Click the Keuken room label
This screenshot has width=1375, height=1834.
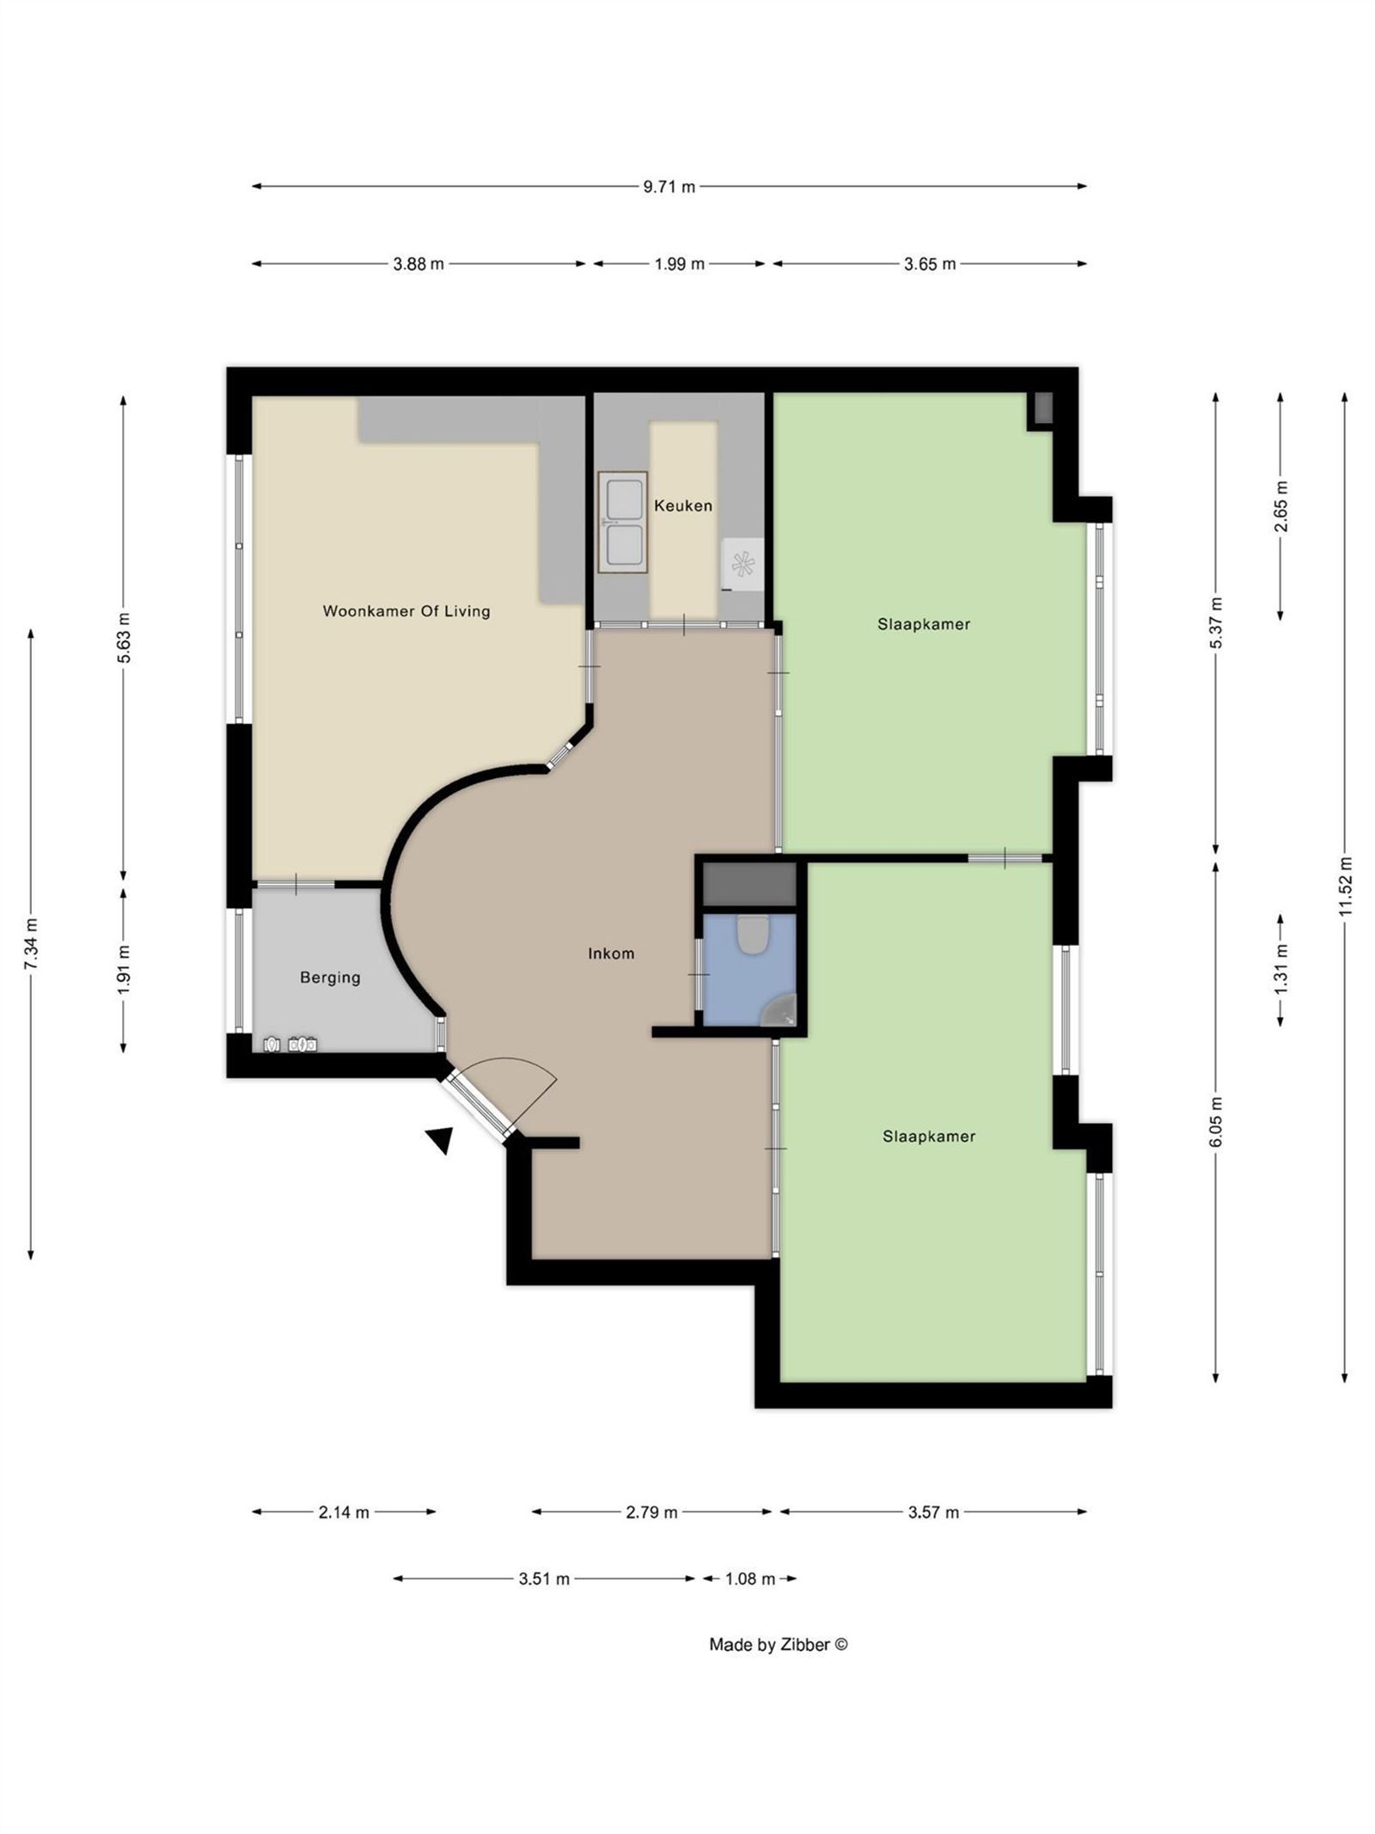point(682,506)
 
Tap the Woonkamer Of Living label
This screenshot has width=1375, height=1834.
point(406,611)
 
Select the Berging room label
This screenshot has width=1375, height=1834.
point(330,978)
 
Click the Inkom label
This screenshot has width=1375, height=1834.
point(611,953)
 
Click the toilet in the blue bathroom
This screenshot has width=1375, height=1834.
point(752,935)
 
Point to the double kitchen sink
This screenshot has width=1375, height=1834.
point(623,521)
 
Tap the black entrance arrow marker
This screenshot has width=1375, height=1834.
point(441,1139)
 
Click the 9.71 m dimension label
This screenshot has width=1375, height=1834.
point(669,187)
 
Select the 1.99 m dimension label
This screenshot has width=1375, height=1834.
point(679,265)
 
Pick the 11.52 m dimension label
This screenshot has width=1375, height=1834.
point(1345,886)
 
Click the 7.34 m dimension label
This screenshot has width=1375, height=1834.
point(31,944)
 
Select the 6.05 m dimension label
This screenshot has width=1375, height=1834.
point(1215,1121)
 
